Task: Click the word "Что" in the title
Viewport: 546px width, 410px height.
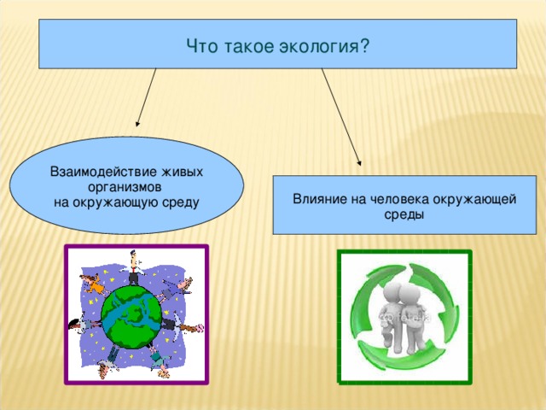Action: pos(202,44)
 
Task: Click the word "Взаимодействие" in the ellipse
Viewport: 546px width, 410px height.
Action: pos(102,172)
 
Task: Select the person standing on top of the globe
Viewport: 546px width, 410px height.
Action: pos(132,266)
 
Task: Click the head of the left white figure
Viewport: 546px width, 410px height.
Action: pos(392,291)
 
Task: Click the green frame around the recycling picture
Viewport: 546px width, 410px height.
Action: pos(340,316)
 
